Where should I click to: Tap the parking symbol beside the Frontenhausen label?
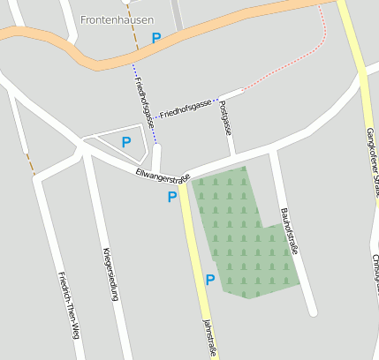coord(156,39)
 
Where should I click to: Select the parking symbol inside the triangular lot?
coord(126,142)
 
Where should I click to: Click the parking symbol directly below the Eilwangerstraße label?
coord(172,197)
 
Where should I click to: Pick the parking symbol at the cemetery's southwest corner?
coord(210,280)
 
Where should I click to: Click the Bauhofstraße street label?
coord(289,230)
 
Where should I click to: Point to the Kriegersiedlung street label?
coord(110,274)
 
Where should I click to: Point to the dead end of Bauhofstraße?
coord(311,311)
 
